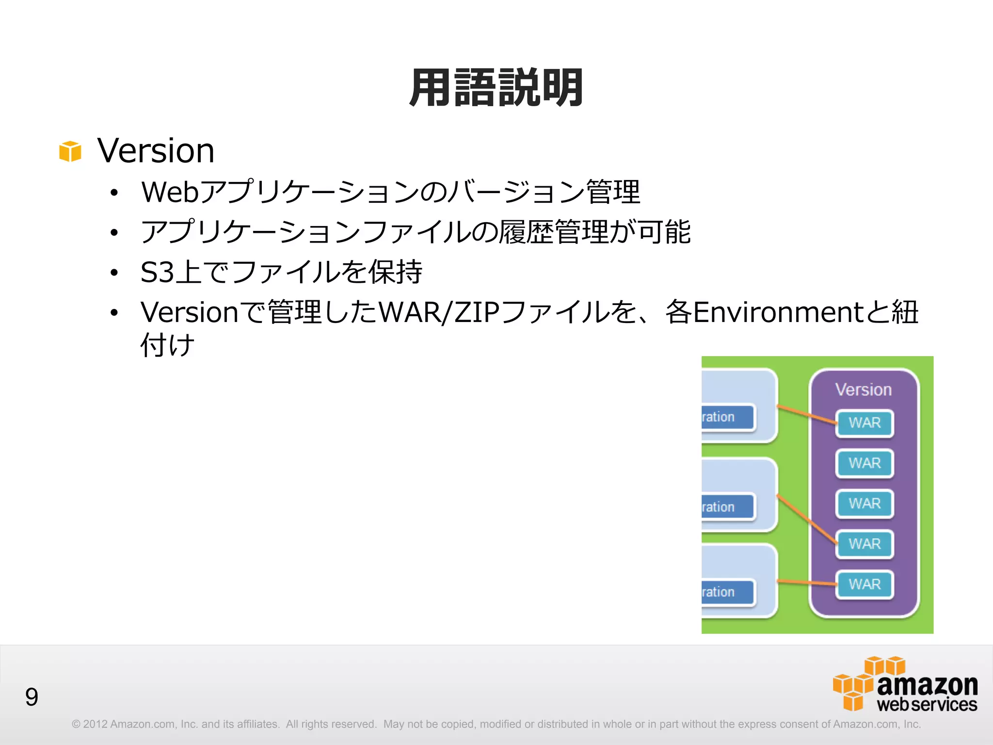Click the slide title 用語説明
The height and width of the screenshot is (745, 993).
pos(496,88)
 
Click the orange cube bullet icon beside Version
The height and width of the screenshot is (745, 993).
pos(70,151)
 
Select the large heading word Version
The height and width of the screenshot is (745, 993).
pos(156,150)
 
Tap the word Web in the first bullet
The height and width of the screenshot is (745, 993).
pos(170,192)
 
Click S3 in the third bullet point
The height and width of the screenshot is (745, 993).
pos(157,272)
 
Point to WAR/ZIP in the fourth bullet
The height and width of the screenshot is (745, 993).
pos(438,312)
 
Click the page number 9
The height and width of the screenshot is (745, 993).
pos(32,697)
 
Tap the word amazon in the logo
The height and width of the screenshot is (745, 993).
pos(927,685)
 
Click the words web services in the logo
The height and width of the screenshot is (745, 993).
pos(927,705)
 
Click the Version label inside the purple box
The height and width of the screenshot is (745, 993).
pos(864,390)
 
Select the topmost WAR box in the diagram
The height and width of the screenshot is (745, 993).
pos(865,423)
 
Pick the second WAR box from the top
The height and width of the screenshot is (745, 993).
pos(865,463)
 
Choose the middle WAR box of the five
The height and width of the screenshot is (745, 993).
pos(865,503)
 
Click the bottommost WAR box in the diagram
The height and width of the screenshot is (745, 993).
pos(865,584)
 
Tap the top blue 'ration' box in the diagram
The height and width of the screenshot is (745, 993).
pos(727,417)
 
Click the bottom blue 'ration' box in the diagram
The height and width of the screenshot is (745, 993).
pos(727,592)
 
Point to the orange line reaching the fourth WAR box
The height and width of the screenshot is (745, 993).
pos(807,519)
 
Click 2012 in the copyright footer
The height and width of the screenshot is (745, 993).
pos(95,724)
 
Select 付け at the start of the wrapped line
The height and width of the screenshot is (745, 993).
pos(167,345)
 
